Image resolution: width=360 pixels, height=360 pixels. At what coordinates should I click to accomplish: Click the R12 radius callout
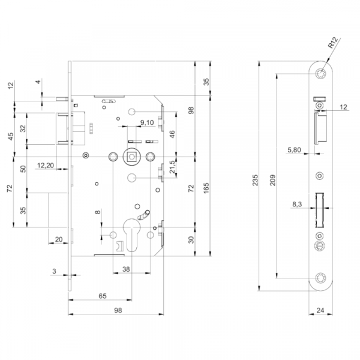[333, 43]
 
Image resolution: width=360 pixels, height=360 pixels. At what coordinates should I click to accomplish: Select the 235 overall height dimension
[256, 180]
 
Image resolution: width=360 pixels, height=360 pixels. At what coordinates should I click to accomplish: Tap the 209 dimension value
[272, 180]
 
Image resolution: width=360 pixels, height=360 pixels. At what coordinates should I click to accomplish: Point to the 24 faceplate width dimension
[320, 310]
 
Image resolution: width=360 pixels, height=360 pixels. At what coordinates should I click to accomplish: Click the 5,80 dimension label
[294, 150]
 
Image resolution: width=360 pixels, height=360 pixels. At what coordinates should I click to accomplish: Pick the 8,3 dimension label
[297, 204]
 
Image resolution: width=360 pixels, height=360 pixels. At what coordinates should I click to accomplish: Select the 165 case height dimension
[206, 188]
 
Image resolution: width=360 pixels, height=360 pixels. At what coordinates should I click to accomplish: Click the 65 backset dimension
[103, 296]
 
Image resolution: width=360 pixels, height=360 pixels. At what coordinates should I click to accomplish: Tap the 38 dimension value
[126, 269]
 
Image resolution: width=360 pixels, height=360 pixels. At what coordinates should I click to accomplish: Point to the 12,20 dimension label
[46, 165]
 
